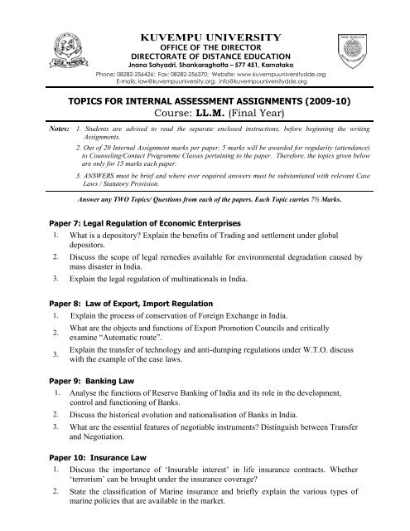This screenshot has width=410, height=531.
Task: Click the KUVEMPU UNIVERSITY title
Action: (213, 37)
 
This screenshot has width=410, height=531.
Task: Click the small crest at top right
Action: (369, 48)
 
